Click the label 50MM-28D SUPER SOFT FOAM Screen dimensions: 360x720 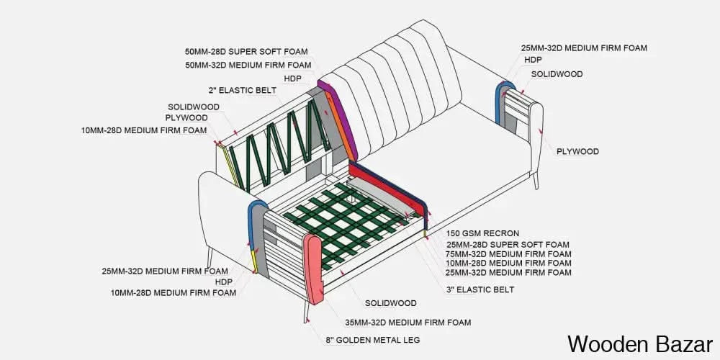(x=246, y=52)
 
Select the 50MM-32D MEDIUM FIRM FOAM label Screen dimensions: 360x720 (x=248, y=65)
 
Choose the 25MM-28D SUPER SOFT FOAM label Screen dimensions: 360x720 (x=508, y=244)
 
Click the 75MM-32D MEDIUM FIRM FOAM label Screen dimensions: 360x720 (x=508, y=253)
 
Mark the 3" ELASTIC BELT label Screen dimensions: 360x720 (x=480, y=289)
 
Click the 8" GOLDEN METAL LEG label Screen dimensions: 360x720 (x=373, y=339)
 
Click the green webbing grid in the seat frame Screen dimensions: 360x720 (x=346, y=223)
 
